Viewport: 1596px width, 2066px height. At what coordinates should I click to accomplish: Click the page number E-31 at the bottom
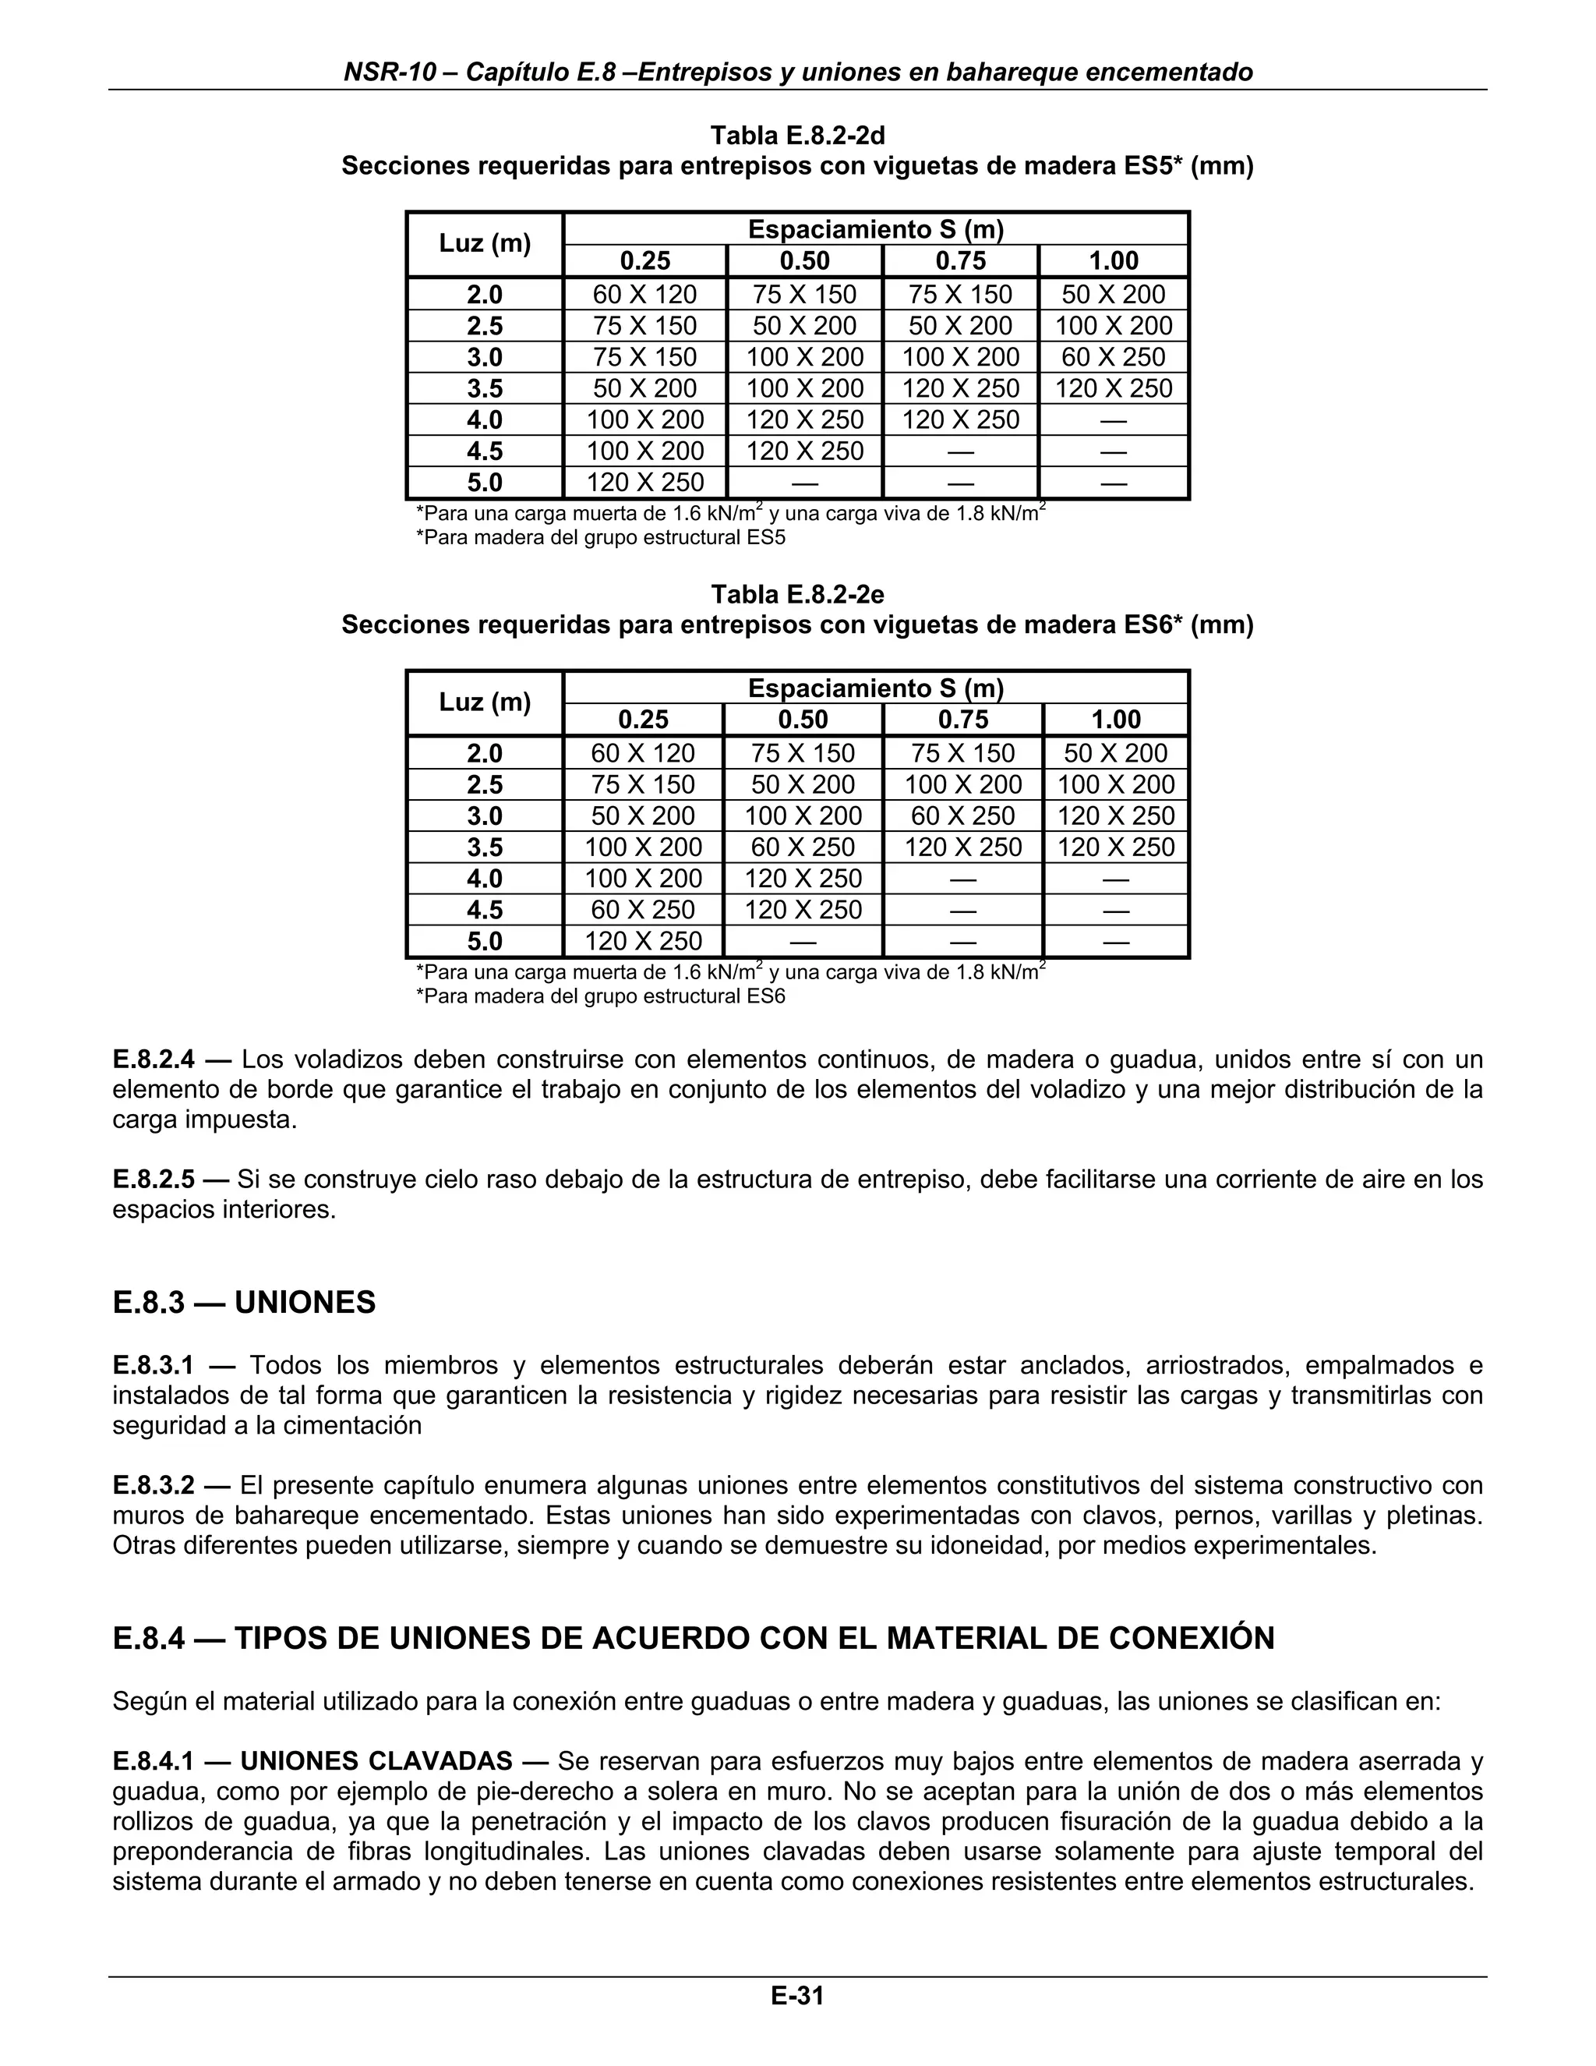pos(797,1996)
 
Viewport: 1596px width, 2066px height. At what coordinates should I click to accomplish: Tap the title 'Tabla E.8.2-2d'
pos(797,136)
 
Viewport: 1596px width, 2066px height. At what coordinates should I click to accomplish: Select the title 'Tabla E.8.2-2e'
pos(797,594)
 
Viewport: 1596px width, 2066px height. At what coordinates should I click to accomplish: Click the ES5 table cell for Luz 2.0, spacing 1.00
pos(1113,294)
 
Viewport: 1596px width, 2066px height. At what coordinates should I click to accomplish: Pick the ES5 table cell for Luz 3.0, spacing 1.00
pos(1113,356)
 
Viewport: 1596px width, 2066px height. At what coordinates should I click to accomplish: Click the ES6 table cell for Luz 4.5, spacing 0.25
pos(643,910)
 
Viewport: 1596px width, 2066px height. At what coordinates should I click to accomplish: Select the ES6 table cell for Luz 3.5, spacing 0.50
pos(803,847)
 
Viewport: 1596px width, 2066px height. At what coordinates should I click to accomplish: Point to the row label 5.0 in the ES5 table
pos(484,483)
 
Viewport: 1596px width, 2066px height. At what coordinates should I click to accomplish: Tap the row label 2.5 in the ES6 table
pos(484,784)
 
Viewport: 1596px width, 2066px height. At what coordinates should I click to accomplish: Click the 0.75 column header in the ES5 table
pos(961,261)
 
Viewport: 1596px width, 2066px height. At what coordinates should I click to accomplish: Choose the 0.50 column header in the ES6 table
pos(803,720)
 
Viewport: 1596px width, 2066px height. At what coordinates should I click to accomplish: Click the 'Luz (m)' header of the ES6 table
pos(484,703)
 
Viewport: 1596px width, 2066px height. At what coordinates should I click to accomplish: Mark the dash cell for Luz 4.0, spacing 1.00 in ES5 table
pos(1113,420)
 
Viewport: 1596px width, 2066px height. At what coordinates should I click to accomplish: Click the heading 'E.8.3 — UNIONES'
pos(244,1303)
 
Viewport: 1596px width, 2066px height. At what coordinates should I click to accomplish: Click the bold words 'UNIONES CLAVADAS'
pos(376,1761)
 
